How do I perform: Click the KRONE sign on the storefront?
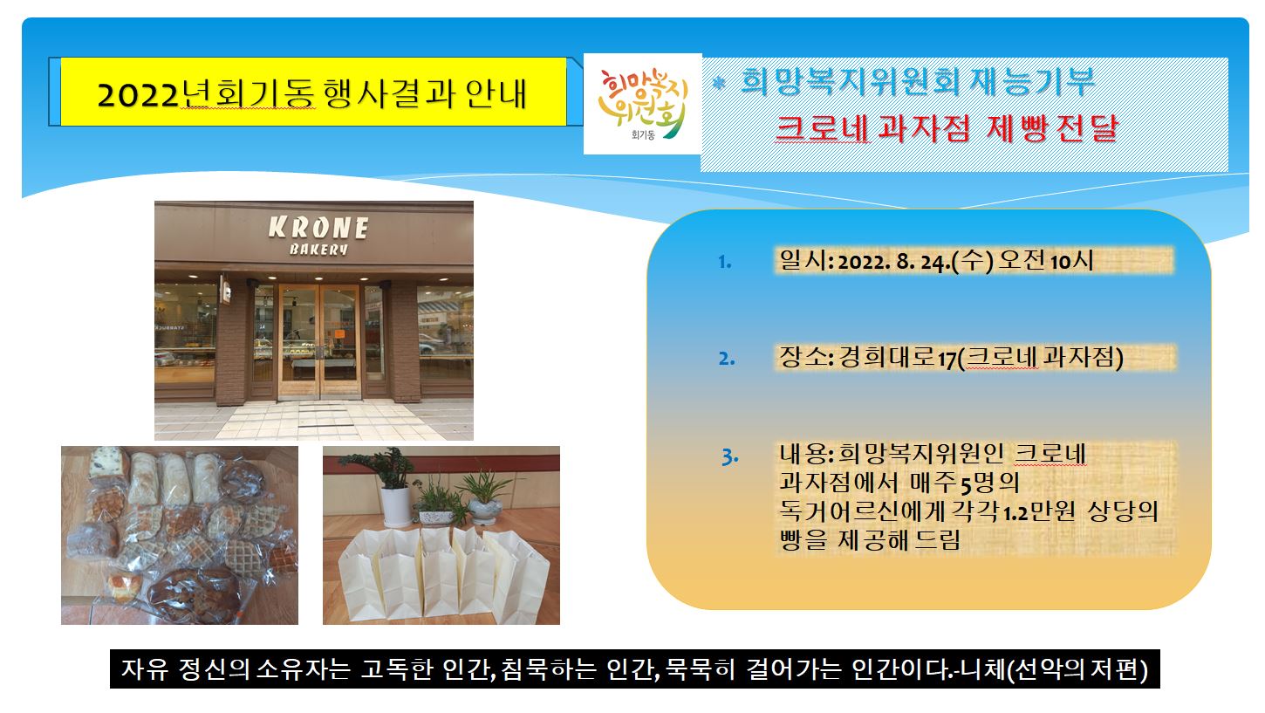click(x=318, y=228)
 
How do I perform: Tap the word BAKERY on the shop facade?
click(x=318, y=249)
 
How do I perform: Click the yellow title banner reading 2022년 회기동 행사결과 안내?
click(x=313, y=92)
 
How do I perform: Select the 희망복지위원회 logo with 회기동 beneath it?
click(x=642, y=104)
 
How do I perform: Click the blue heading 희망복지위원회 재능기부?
click(x=918, y=82)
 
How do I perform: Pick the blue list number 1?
click(x=725, y=262)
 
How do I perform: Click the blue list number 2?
click(x=726, y=359)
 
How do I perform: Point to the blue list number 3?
click(x=729, y=456)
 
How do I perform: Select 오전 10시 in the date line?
click(x=1046, y=262)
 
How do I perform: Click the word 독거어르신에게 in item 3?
click(x=862, y=512)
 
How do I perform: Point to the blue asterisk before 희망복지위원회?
click(x=718, y=84)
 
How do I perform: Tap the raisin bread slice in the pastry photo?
click(x=107, y=463)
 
